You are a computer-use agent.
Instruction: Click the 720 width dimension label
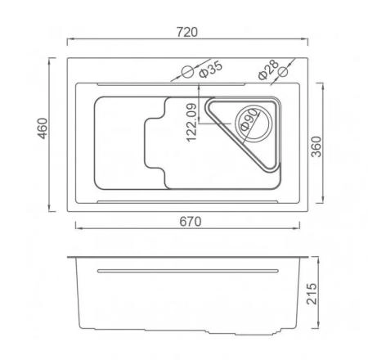pos(187,32)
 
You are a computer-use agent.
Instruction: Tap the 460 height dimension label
pos(43,128)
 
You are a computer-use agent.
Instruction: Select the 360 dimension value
pos(316,146)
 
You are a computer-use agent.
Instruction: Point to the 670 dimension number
pos(191,222)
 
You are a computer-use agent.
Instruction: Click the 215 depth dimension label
pos(312,294)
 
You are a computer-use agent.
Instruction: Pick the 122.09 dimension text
pos(191,123)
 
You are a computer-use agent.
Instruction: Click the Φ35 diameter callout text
pos(211,70)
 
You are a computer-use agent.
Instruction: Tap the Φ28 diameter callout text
pos(268,70)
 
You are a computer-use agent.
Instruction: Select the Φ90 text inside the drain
pos(249,119)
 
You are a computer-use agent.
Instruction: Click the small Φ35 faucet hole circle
pos(187,72)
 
